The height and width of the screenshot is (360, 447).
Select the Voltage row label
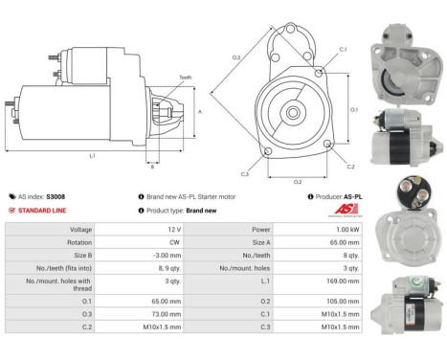point(80,230)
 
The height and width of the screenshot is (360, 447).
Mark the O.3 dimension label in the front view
point(236,57)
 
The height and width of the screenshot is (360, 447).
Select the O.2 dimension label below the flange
point(297,180)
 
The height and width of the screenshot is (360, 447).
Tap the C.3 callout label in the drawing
point(245,174)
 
